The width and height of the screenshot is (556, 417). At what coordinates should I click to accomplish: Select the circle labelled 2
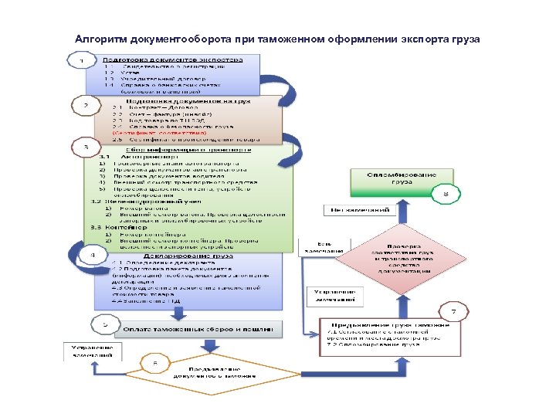[x=86, y=104]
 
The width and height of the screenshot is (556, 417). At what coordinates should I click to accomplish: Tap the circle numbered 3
[x=86, y=146]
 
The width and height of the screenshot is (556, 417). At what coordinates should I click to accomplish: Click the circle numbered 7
[x=453, y=313]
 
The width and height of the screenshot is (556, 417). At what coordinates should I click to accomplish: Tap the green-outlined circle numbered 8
[x=446, y=195]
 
